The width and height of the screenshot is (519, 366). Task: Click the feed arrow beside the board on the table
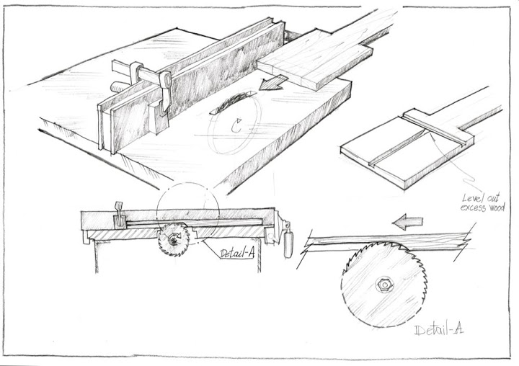click(272, 83)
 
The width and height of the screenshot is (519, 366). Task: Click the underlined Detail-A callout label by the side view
click(237, 254)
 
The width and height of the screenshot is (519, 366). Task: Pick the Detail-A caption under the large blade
click(438, 330)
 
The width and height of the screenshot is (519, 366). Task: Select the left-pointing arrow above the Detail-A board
click(407, 222)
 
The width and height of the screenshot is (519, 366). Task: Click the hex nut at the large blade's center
click(385, 285)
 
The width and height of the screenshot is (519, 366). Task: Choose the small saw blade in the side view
click(174, 240)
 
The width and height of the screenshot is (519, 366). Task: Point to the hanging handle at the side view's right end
click(288, 243)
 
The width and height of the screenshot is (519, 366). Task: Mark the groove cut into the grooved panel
click(398, 148)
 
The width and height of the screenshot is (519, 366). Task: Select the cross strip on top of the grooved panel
click(438, 127)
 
